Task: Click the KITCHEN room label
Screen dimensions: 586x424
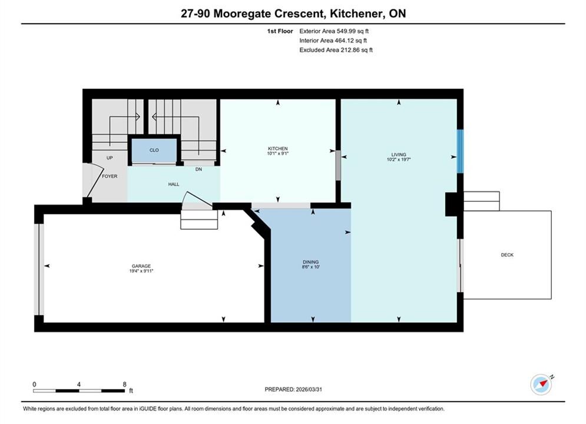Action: tap(277, 148)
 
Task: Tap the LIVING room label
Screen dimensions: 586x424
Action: tap(399, 155)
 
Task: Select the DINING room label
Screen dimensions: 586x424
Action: tap(310, 262)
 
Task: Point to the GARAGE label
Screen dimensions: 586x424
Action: tap(141, 266)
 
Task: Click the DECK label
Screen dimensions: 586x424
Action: tap(507, 255)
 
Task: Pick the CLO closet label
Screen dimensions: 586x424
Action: tap(154, 150)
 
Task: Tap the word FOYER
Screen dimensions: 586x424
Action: tap(110, 176)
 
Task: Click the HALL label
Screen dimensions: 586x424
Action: tap(173, 184)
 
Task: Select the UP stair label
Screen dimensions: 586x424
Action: tap(110, 158)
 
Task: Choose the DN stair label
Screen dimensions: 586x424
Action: tap(198, 169)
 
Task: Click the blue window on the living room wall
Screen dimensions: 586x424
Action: tap(461, 151)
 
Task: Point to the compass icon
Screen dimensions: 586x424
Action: tap(541, 384)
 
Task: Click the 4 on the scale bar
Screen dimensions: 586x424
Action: tap(79, 385)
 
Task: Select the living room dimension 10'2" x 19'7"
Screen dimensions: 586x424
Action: tap(399, 160)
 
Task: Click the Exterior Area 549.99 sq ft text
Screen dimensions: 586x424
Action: tap(334, 31)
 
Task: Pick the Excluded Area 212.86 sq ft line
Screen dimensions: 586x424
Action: tap(336, 50)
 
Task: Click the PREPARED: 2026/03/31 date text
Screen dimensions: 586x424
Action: tap(293, 389)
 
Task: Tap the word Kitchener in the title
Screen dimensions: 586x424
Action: tap(356, 14)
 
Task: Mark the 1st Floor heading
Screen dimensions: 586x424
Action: tap(280, 31)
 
